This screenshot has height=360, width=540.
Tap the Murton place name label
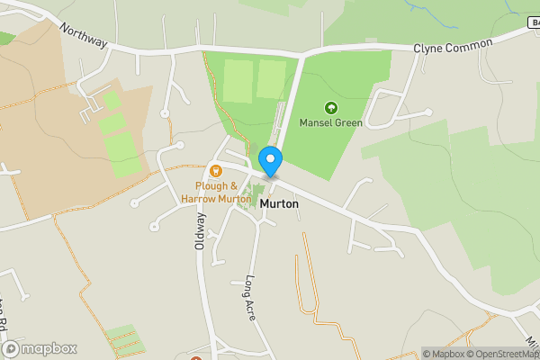click(279, 204)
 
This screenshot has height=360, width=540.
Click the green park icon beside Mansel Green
click(329, 107)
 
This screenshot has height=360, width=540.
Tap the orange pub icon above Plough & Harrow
click(215, 170)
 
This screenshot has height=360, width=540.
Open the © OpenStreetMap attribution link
click(502, 354)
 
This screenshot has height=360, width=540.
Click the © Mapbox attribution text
click(443, 354)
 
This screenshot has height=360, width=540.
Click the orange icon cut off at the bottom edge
click(196, 357)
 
